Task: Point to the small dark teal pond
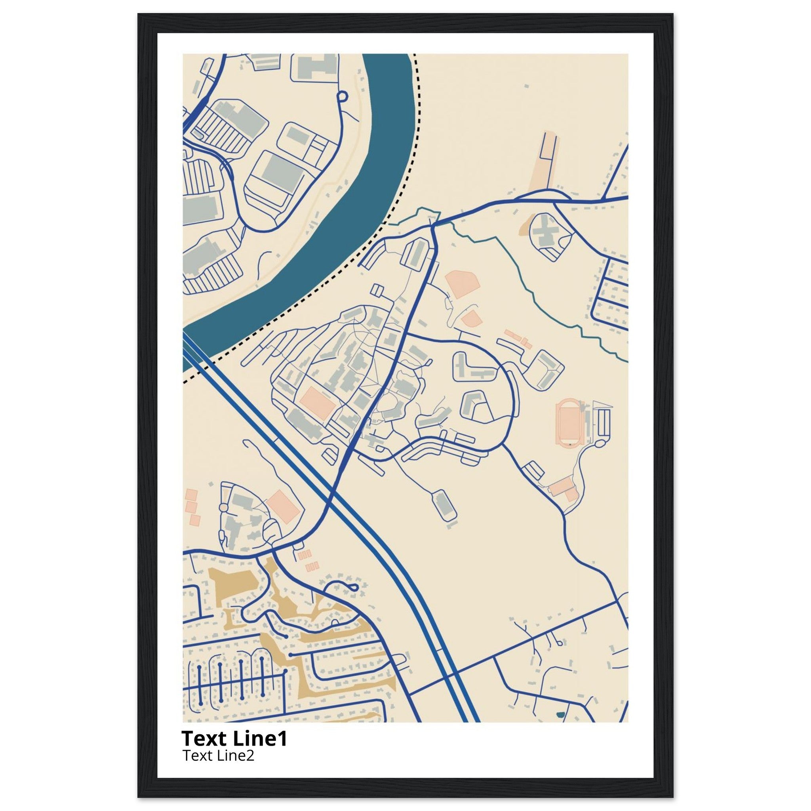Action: (560, 714)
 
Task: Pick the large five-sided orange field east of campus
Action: (462, 284)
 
